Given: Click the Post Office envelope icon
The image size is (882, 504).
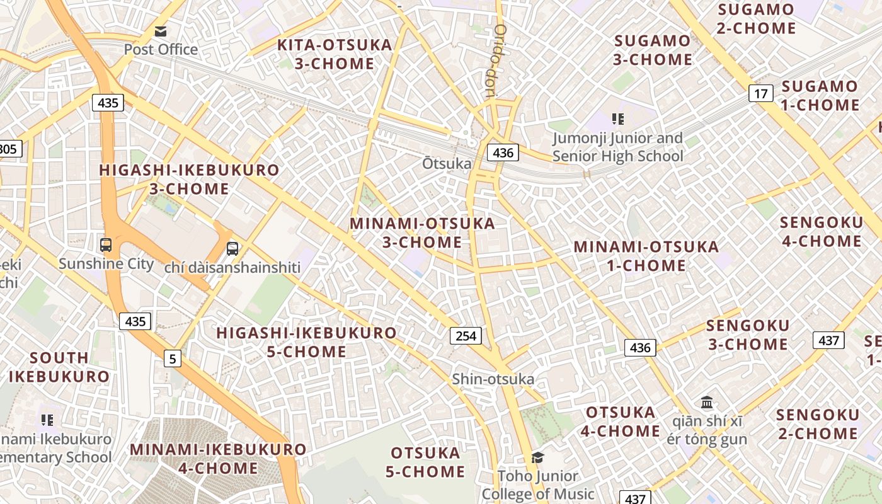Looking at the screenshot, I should tap(161, 31).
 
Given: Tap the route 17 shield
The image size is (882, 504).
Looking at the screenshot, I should tap(761, 94).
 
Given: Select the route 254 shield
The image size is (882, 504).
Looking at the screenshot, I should tap(466, 336).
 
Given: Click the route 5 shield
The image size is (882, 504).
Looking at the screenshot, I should tap(173, 359).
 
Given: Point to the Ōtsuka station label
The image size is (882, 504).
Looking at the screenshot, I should tap(447, 164).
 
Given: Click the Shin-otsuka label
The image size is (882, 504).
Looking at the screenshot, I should tap(493, 379).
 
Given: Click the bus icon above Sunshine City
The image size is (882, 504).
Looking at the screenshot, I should tap(106, 245).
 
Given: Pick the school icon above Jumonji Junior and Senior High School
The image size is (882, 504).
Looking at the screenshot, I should tap(617, 118).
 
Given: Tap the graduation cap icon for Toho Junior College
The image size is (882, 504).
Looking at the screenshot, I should tap(537, 457).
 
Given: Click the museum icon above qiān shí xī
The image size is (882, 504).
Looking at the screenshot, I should tap(707, 402).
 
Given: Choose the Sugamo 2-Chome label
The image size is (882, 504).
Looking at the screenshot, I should tap(756, 19).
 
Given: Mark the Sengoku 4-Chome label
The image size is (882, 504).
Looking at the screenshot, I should tap(822, 232).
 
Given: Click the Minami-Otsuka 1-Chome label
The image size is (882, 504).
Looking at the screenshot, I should tap(646, 256).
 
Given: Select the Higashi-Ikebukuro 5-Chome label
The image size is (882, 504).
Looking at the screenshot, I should tap(307, 342).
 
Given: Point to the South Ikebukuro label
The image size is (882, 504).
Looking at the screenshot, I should tap(59, 367).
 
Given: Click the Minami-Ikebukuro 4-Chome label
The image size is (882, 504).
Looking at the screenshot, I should tap(218, 459).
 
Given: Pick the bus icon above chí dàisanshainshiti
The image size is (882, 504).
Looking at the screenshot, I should tap(232, 248).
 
